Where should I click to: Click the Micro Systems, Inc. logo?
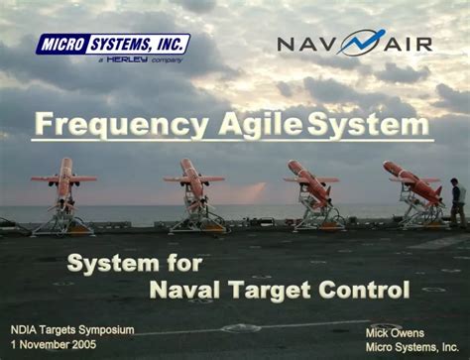(x=112, y=45)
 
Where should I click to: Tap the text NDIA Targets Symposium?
(x=71, y=329)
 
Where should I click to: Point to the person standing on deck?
(x=457, y=200)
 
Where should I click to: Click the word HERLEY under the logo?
(x=128, y=60)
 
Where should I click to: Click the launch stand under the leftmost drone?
(x=63, y=217)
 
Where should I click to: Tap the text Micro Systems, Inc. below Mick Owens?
(x=411, y=346)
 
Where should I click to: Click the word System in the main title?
(x=369, y=125)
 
